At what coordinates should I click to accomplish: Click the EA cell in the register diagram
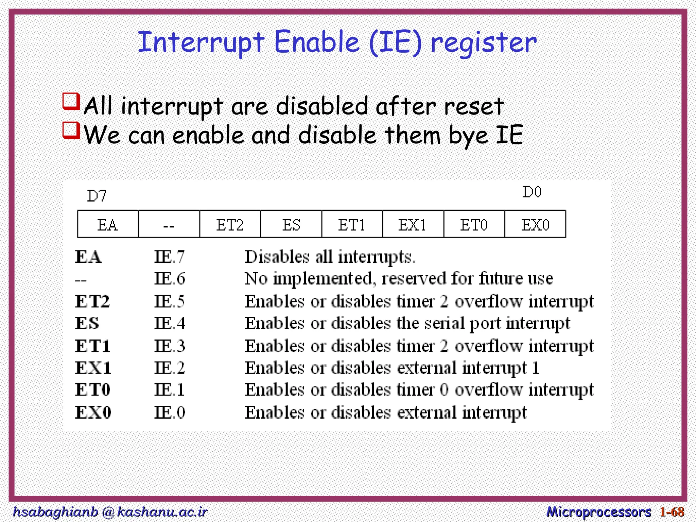[108, 225]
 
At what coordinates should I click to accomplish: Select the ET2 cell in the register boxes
[230, 225]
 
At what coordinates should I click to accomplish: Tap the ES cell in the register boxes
[291, 225]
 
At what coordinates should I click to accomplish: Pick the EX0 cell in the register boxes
[535, 225]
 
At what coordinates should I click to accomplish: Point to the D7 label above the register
[97, 196]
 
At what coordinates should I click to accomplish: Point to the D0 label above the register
[532, 192]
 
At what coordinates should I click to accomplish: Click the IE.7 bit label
[170, 257]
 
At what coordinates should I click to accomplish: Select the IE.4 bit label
[170, 323]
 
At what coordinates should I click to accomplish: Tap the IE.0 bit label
[170, 413]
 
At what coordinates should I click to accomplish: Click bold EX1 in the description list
[93, 368]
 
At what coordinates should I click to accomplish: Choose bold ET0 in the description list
[92, 390]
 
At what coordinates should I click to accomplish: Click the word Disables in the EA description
[277, 257]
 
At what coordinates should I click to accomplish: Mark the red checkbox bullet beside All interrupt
[71, 102]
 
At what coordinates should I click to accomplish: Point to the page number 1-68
[672, 511]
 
